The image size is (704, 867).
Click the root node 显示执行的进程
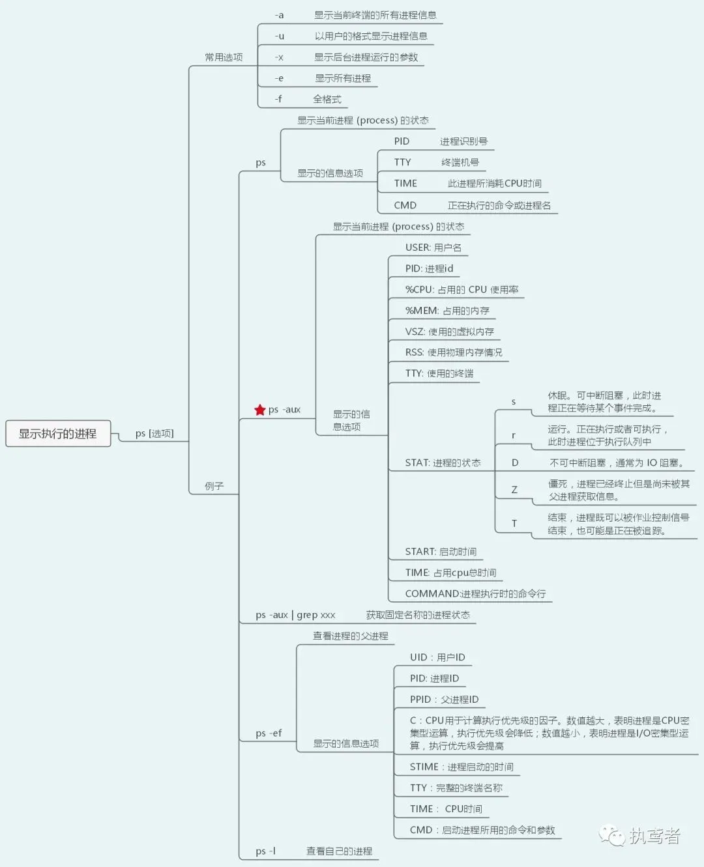57,434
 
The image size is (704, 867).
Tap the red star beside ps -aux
260,410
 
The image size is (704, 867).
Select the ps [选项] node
154,434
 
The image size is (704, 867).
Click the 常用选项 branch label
224,57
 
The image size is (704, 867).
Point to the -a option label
279,15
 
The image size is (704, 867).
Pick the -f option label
278,99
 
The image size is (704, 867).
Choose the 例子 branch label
214,486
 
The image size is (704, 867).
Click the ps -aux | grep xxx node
295,615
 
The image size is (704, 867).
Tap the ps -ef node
269,733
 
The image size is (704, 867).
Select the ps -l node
265,851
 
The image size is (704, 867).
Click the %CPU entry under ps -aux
462,290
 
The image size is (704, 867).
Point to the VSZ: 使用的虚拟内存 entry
449,332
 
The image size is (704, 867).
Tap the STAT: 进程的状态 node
443,463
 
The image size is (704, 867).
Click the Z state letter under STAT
514,490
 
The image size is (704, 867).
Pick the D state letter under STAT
515,463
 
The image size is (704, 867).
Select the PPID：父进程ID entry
444,700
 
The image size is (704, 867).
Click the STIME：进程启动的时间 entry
462,767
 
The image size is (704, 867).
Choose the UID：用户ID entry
437,657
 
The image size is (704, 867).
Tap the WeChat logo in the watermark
612,836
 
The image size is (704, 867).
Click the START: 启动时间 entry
441,552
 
